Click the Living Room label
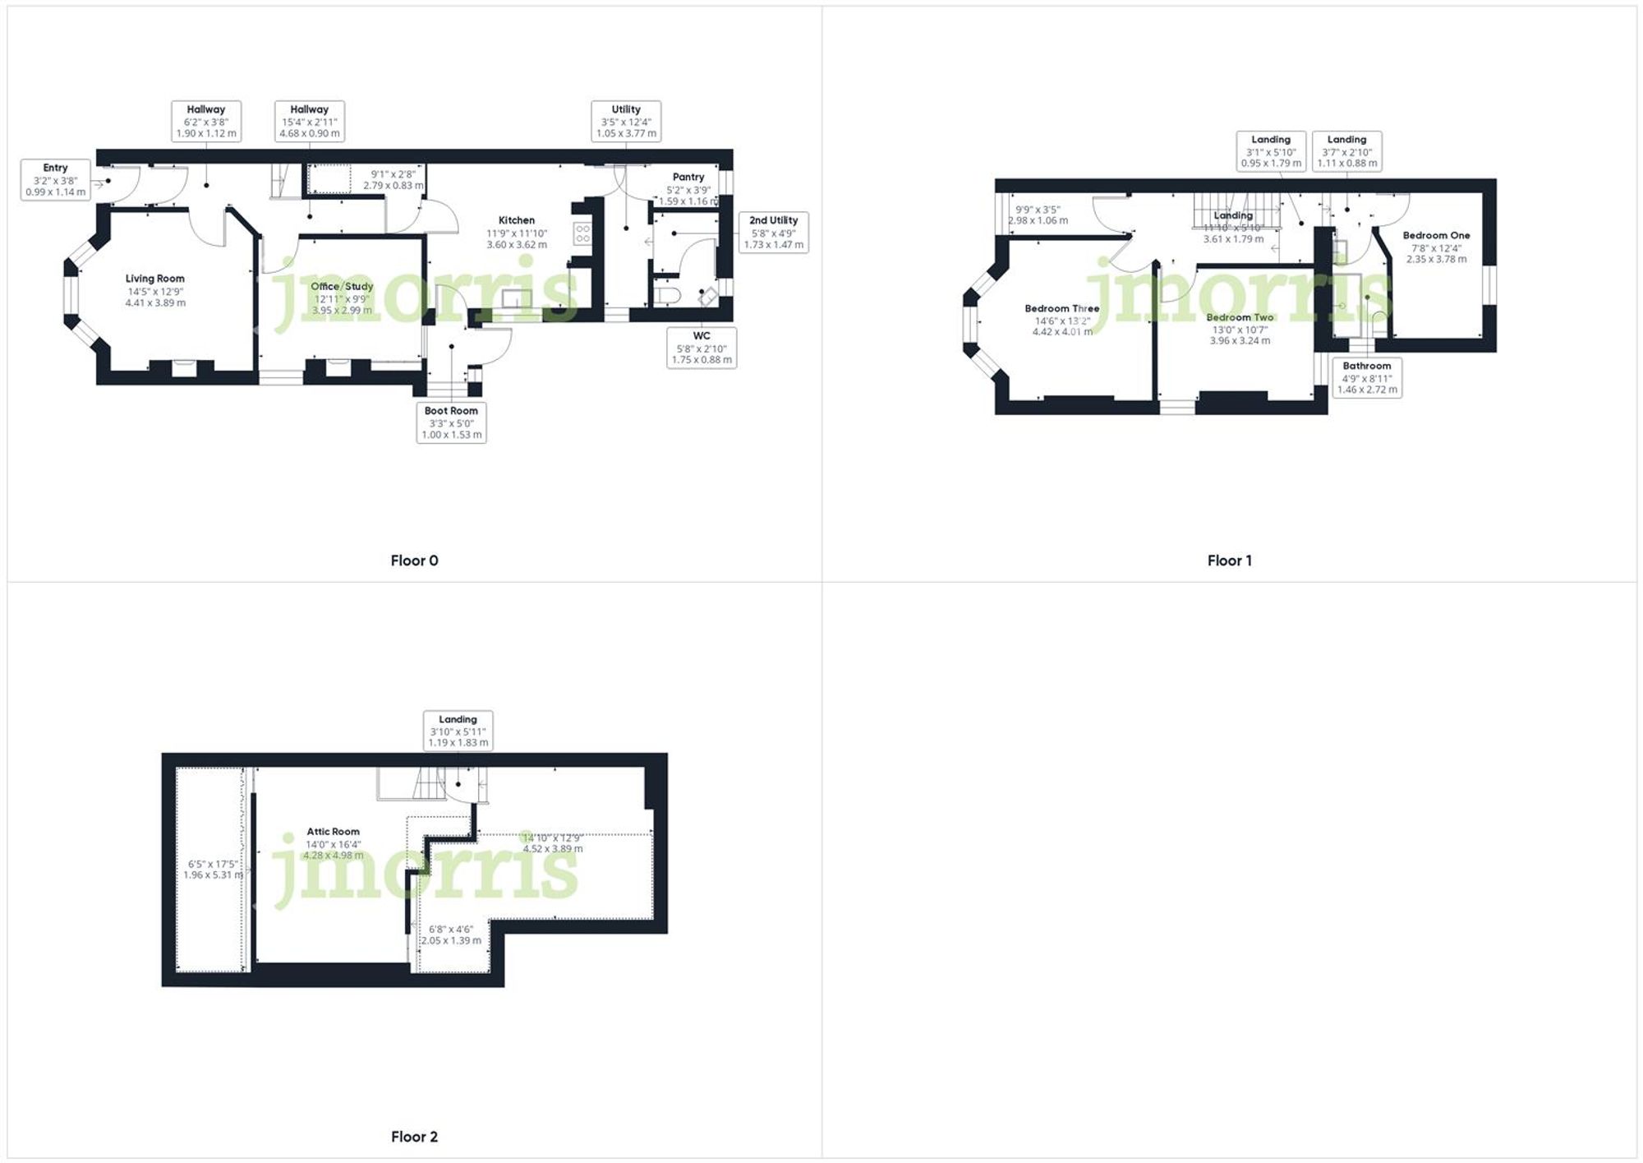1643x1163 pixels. click(154, 279)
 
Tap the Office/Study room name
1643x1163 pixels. click(342, 287)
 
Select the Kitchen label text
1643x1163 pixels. click(517, 220)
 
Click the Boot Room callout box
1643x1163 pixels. click(451, 422)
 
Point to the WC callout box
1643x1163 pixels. click(702, 348)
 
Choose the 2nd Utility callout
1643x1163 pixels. click(773, 233)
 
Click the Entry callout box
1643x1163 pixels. click(55, 180)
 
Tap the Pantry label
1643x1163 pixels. click(688, 177)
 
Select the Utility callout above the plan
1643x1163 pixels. click(626, 122)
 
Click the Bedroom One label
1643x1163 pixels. click(1436, 236)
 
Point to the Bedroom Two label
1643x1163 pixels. click(1240, 317)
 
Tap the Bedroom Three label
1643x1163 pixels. click(1061, 309)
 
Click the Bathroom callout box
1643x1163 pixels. click(1367, 378)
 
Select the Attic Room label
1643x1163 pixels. click(333, 832)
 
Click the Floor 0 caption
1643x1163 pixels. click(414, 561)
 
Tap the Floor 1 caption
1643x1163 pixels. click(1229, 561)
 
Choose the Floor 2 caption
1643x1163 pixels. click(414, 1137)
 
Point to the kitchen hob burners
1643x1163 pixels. click(582, 233)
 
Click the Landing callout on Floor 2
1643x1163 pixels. click(458, 731)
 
